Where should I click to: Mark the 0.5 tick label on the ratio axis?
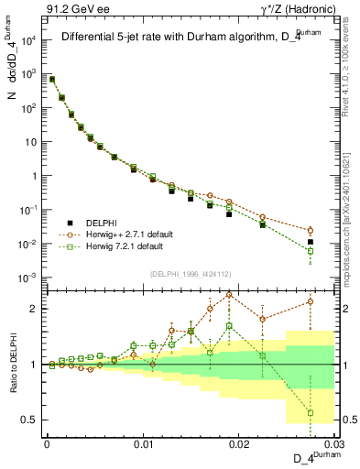click(30, 420)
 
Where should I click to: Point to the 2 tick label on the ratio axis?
click(35, 309)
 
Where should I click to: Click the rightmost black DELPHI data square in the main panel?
click(311, 242)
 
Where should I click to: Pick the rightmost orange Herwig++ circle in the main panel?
click(311, 231)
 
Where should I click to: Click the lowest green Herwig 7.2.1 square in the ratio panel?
click(311, 412)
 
